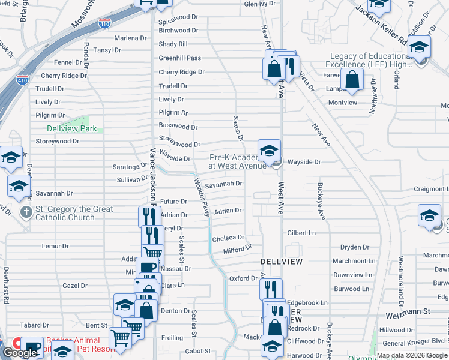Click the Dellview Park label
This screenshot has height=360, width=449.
[x=71, y=128]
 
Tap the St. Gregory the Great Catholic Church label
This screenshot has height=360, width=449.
[x=65, y=213]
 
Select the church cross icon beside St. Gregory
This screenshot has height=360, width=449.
[x=26, y=212]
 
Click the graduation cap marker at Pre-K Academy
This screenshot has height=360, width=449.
[x=269, y=151]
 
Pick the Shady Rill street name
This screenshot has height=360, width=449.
[x=173, y=44]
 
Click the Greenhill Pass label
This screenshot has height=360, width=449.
[x=180, y=58]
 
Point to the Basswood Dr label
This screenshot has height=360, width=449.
[x=178, y=127]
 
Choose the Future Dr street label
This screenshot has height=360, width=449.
[x=173, y=202]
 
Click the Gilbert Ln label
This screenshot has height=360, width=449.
[x=301, y=233]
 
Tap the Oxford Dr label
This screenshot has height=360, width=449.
[x=243, y=278]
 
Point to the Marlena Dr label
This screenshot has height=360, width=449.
[x=130, y=38]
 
